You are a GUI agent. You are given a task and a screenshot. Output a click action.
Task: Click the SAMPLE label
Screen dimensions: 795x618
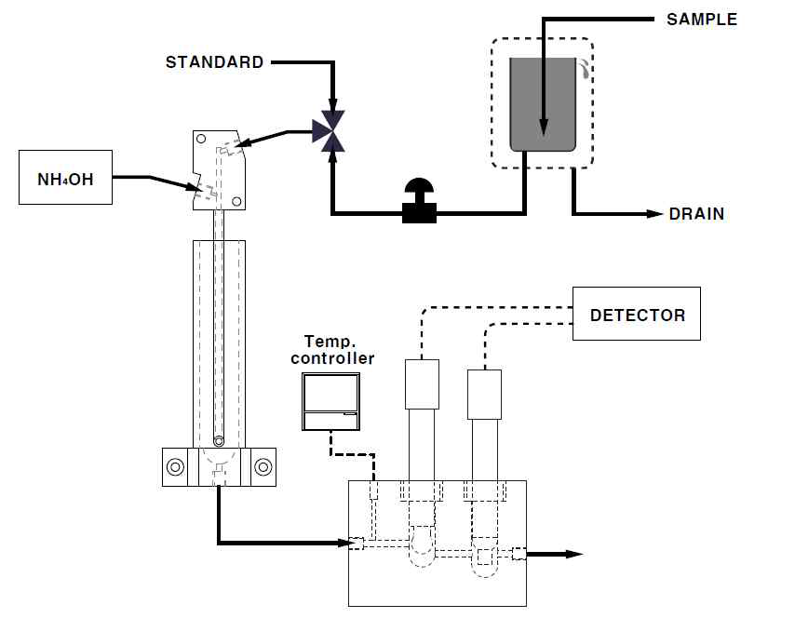(702, 20)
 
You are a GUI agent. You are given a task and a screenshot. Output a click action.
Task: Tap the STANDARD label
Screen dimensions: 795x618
(214, 61)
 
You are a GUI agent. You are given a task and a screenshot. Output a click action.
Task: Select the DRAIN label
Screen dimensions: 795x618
(696, 214)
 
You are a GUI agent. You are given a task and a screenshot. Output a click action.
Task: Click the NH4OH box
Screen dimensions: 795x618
(65, 178)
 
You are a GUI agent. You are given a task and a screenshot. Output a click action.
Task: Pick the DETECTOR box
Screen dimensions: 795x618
(637, 314)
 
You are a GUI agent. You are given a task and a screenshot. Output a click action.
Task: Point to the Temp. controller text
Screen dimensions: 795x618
(332, 349)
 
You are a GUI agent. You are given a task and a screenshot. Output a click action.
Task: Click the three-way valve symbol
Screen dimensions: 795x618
(330, 131)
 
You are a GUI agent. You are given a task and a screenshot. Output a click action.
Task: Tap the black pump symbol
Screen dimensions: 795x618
(419, 201)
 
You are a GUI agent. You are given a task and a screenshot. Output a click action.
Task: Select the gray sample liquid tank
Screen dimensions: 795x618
(543, 104)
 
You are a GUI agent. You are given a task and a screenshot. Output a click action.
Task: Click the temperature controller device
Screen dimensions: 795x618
(331, 401)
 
